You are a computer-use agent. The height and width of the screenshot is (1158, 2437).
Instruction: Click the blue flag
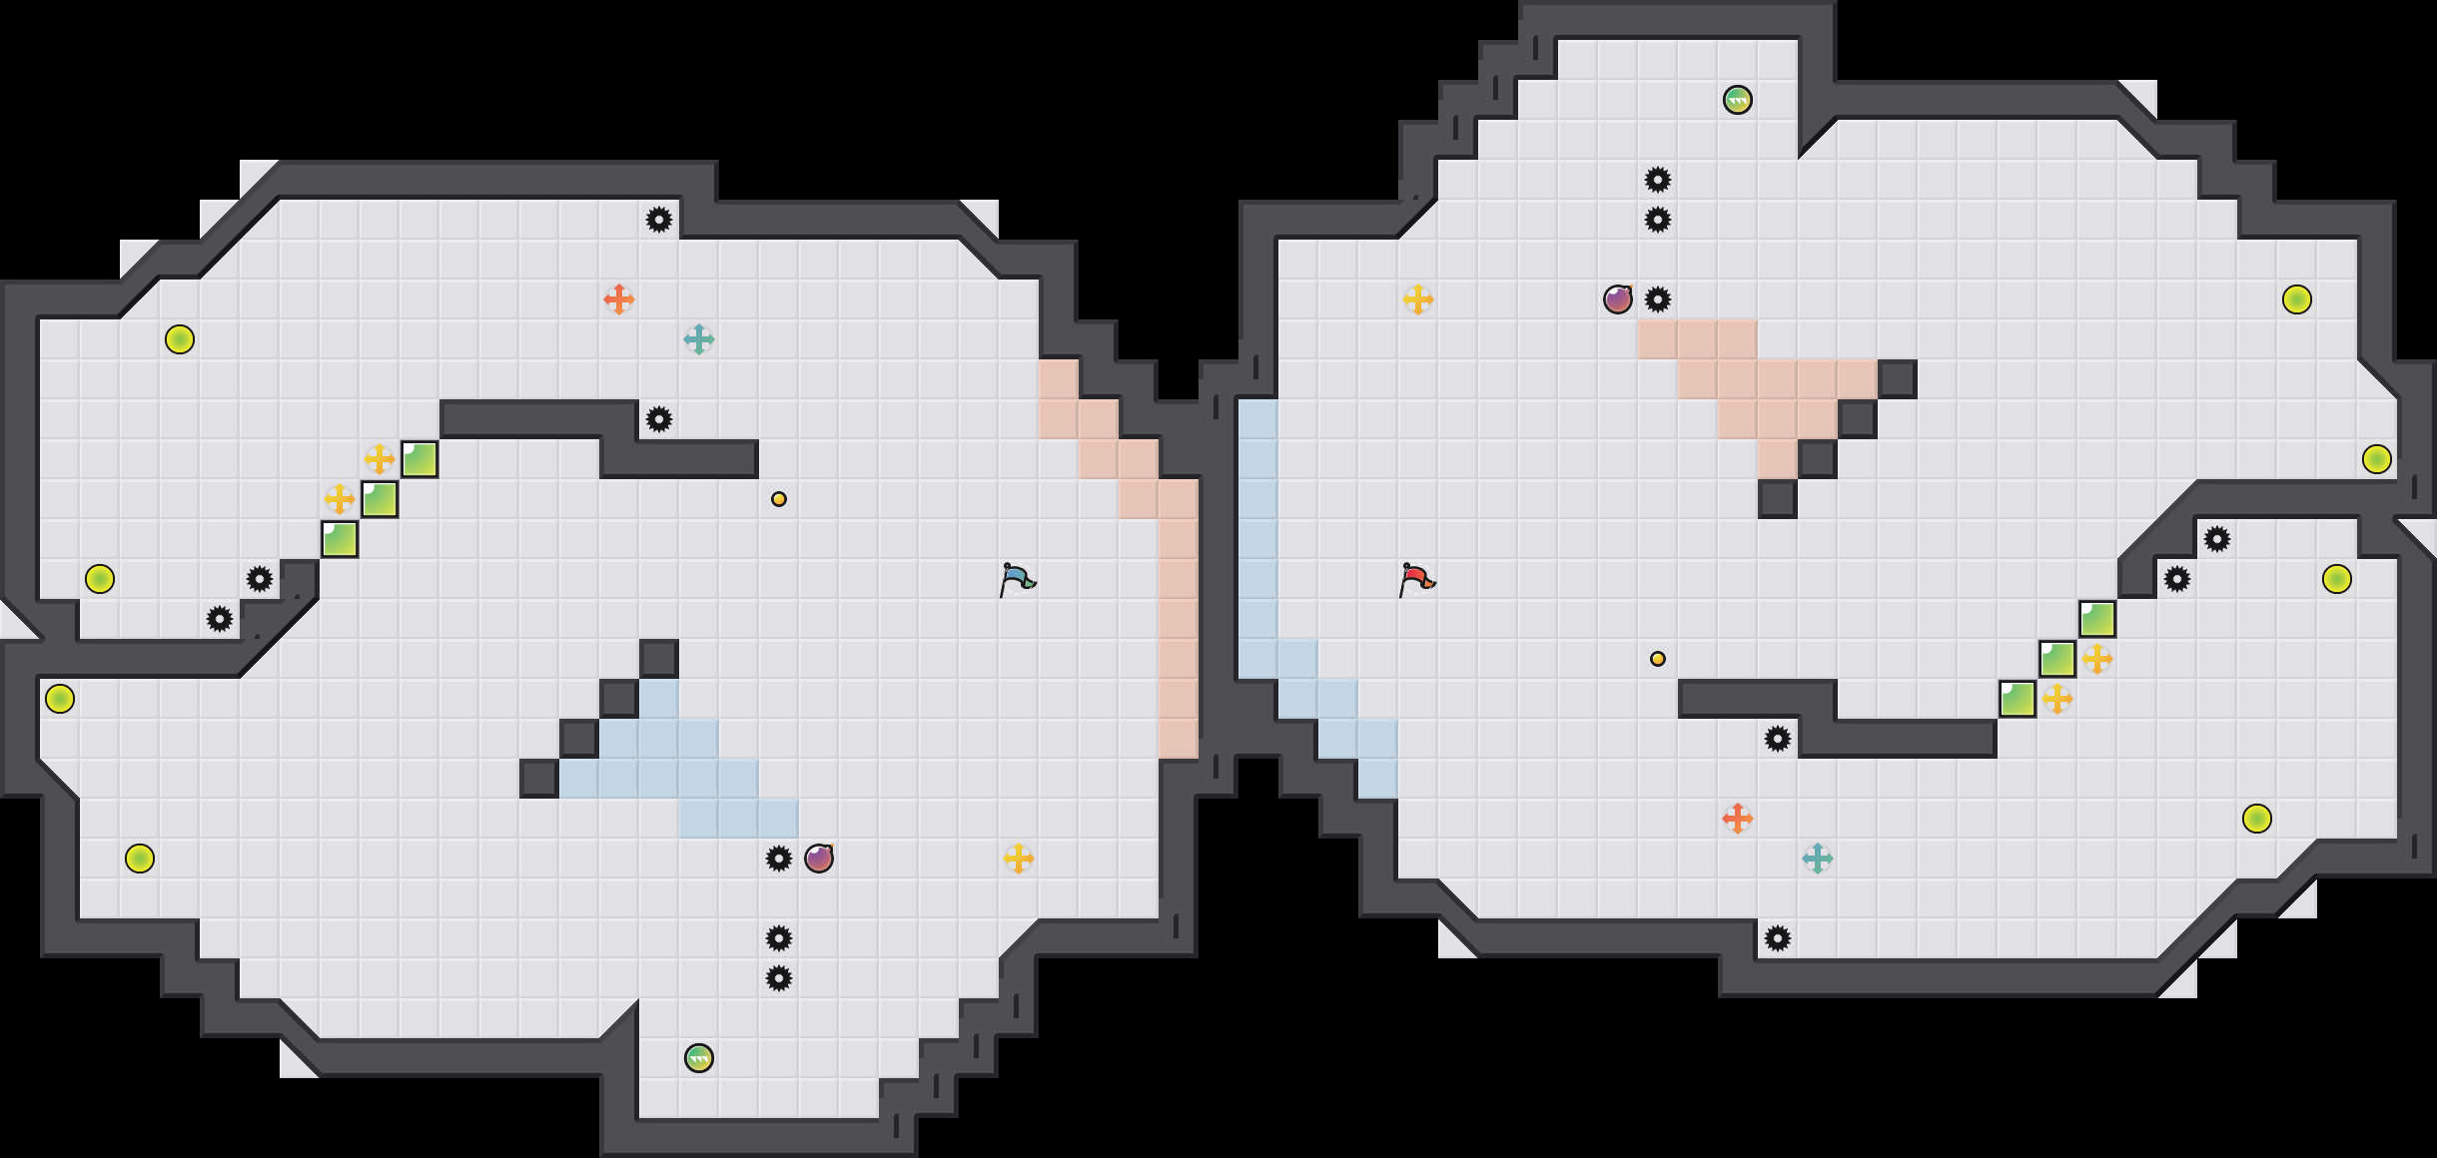click(x=1017, y=579)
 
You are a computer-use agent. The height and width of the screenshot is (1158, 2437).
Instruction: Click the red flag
click(x=1416, y=579)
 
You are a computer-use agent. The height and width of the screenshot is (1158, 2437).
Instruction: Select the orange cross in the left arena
click(x=619, y=299)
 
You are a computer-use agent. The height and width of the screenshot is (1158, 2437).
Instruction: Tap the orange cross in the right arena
click(x=1738, y=819)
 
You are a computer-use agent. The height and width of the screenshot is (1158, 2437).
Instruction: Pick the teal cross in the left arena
click(x=699, y=339)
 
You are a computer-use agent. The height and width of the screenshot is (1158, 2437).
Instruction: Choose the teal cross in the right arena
click(x=1818, y=859)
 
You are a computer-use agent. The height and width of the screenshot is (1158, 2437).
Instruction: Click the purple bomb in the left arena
click(x=819, y=859)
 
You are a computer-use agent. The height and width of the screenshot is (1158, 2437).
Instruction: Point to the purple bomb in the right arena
click(x=1618, y=299)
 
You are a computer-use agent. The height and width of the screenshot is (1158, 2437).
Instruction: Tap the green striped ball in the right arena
click(x=1738, y=100)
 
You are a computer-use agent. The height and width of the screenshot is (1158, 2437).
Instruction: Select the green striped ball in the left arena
click(x=699, y=1058)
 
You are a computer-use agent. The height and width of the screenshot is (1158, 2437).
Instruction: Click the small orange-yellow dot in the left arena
click(x=779, y=499)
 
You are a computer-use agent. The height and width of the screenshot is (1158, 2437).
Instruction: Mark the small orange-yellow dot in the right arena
click(x=1658, y=659)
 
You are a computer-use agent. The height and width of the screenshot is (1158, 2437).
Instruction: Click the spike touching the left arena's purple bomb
click(x=779, y=859)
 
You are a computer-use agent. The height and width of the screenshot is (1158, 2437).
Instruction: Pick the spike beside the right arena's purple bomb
click(x=1658, y=299)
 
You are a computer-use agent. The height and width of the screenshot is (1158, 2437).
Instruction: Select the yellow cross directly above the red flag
click(x=1418, y=299)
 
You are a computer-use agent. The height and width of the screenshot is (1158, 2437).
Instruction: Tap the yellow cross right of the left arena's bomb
click(x=1019, y=859)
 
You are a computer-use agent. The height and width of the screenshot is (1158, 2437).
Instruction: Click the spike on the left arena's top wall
click(x=659, y=220)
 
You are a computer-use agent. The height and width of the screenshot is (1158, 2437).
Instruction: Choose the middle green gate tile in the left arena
click(x=380, y=499)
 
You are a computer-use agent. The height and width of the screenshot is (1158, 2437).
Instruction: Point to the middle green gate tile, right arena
click(x=2057, y=659)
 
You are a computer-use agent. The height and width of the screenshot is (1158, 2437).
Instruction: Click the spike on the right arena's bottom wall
click(x=1778, y=938)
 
